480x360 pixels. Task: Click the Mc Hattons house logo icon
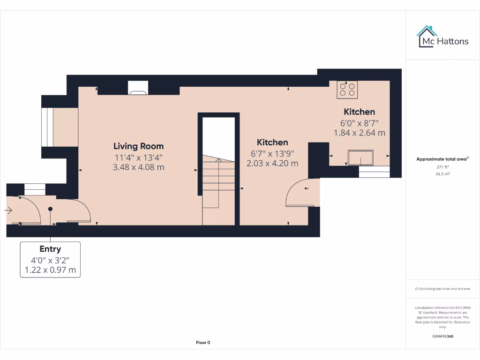tap(427, 37)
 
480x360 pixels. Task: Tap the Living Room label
tap(138, 146)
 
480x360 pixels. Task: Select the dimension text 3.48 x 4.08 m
tap(138, 167)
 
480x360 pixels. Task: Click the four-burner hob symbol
tap(347, 89)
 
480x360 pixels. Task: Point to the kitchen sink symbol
tap(360, 157)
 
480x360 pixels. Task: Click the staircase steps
tap(218, 183)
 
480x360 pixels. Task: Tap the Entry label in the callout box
tap(50, 249)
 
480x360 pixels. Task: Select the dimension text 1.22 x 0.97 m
tap(50, 270)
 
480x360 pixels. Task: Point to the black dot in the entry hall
tap(50, 209)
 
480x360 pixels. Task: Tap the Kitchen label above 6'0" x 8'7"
tap(360, 112)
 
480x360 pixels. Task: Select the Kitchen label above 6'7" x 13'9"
tap(272, 142)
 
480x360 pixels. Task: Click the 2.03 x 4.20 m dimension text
tap(272, 163)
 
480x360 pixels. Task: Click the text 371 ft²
tap(442, 167)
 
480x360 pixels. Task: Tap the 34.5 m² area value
tap(442, 173)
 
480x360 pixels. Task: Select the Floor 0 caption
tap(203, 343)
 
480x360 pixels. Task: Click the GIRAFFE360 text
tap(442, 336)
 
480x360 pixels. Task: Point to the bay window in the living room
tap(48, 127)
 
